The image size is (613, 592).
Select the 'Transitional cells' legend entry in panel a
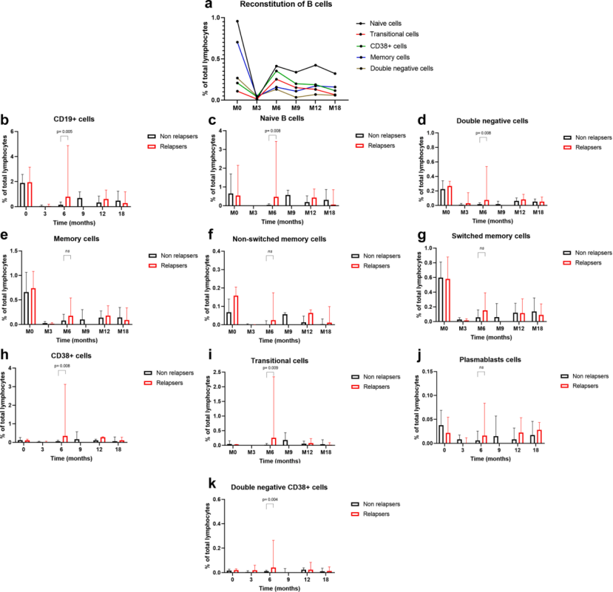[x=396, y=34]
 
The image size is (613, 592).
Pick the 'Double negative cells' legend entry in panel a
[x=404, y=68]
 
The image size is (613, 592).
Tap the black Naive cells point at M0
[x=237, y=21]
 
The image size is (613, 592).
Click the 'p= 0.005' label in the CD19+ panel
[x=65, y=132]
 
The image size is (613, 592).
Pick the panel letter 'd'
[x=420, y=120]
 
